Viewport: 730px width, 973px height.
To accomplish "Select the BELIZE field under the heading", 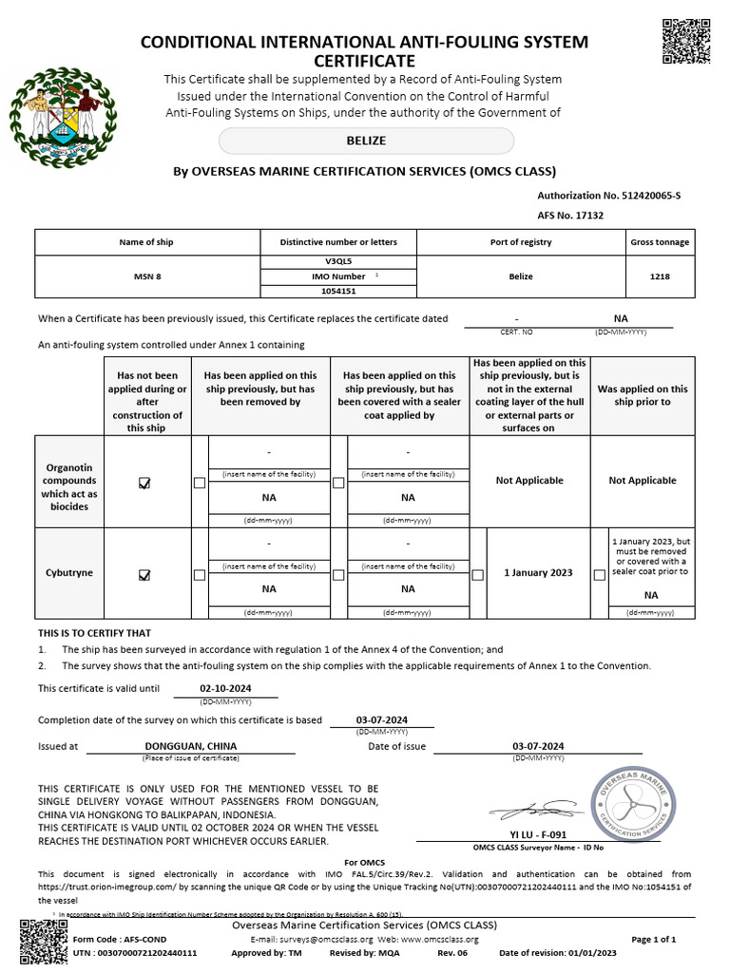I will [366, 141].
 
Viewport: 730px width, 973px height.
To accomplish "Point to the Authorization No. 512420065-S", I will [609, 195].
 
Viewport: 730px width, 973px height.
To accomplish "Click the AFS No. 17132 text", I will [570, 216].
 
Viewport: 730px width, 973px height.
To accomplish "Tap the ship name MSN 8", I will [145, 277].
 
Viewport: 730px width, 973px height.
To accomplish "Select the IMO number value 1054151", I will [338, 292].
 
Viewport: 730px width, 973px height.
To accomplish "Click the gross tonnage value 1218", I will [660, 277].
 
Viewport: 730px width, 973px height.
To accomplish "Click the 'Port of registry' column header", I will [522, 242].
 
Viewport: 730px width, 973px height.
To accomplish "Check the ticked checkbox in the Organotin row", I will [144, 483].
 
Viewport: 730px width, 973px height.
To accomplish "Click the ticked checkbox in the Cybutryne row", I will [144, 574].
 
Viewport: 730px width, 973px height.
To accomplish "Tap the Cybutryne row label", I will [68, 573].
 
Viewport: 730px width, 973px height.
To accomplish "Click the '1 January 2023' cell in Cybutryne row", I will [538, 573].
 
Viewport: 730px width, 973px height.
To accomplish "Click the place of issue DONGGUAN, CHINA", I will [190, 746].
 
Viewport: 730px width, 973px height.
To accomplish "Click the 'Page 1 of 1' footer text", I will [653, 939].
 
